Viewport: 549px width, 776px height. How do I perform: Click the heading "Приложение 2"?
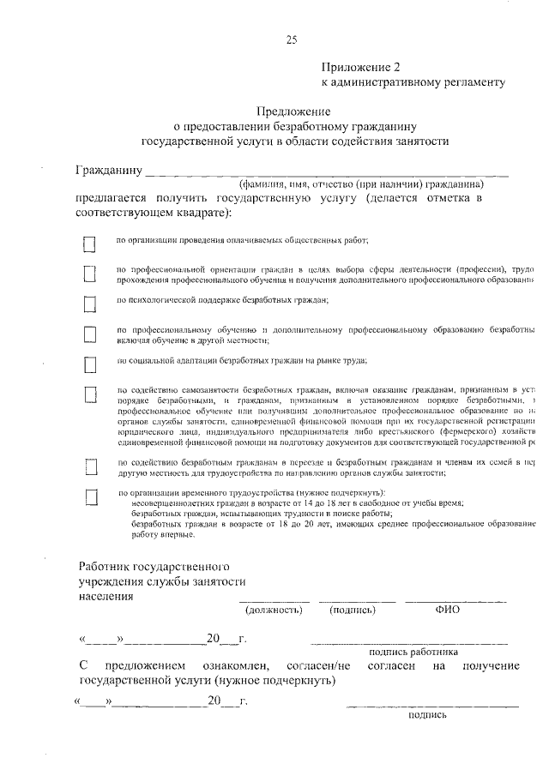pos(361,67)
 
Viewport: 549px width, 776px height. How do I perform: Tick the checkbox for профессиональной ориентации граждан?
pos(88,274)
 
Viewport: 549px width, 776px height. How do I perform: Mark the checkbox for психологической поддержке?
pos(88,304)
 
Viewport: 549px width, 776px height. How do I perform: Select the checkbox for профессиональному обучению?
pos(88,334)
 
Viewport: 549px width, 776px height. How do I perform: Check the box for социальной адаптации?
pos(88,365)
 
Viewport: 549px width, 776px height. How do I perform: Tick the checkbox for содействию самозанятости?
pos(88,395)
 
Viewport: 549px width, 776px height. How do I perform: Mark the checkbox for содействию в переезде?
pos(88,467)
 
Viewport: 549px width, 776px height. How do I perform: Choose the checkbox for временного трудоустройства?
pos(88,497)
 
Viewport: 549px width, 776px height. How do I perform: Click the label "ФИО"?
pos(448,610)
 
